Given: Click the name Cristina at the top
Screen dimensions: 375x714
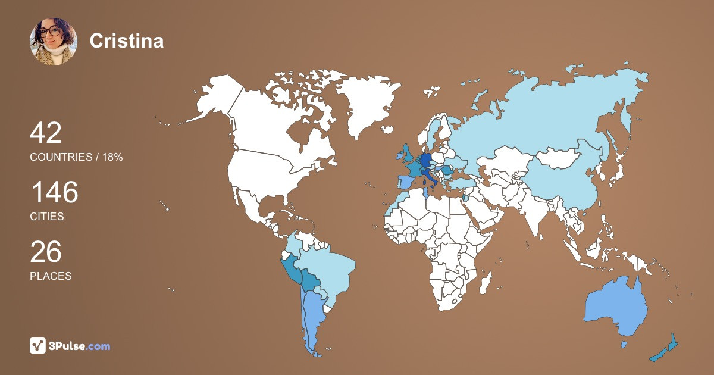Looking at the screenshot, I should [x=126, y=40].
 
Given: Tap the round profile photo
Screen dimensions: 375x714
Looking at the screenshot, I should [x=54, y=41].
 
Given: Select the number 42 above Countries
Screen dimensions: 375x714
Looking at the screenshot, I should [x=46, y=133].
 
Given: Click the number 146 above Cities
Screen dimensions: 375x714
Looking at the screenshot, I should [x=54, y=193].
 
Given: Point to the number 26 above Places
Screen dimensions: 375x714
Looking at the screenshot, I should [x=46, y=252].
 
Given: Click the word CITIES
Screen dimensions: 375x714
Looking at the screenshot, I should [x=47, y=217].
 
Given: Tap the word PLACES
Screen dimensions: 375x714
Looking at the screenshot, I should [x=51, y=276].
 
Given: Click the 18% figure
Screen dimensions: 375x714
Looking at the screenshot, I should [x=111, y=157].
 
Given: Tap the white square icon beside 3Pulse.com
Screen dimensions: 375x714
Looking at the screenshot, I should [x=38, y=346].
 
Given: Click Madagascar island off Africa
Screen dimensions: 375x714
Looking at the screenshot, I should [x=486, y=282].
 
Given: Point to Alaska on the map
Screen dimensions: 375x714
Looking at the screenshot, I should [x=214, y=101].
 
